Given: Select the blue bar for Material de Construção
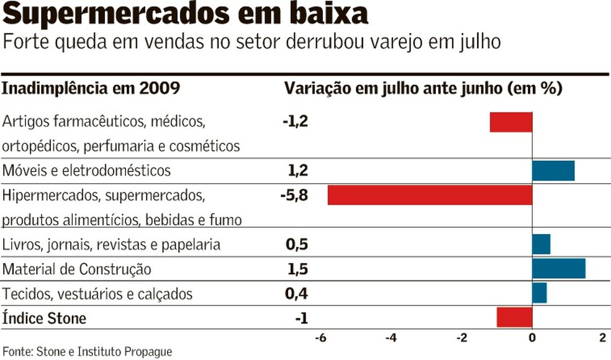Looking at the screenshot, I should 558,269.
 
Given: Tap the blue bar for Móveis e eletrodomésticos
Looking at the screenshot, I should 553,170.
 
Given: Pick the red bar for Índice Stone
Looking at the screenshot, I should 514,317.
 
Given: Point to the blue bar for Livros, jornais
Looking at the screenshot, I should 541,245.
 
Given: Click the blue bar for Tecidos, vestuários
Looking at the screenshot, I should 539,293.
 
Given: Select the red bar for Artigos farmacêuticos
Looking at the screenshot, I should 511,122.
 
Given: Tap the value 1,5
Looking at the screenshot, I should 297,269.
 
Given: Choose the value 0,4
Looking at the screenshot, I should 297,294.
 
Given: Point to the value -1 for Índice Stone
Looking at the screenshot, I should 301,318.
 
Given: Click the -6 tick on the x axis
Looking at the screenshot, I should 320,338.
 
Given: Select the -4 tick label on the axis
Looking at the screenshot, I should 391,338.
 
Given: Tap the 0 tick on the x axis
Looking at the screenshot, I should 532,338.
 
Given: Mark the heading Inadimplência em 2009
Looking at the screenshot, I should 91,89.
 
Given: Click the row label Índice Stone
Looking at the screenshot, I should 44,318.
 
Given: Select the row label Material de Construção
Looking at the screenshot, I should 77,269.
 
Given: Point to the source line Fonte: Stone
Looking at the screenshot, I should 87,351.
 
